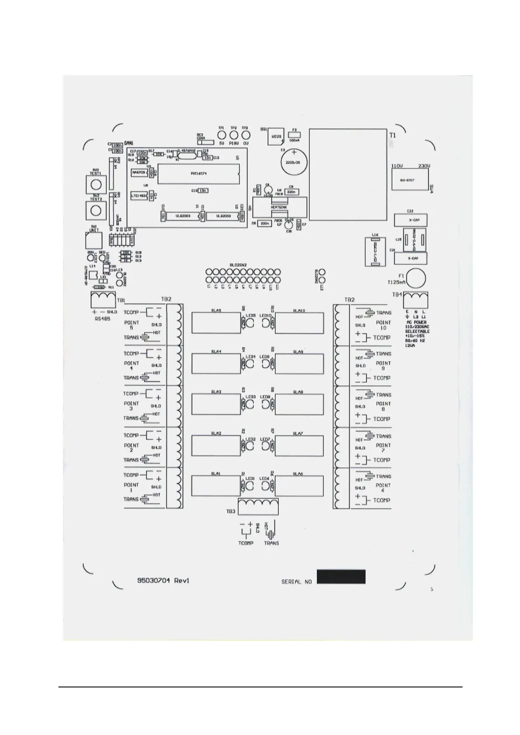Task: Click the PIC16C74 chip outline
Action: pos(198,174)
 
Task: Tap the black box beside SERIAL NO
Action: pos(341,577)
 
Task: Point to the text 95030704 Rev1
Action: pos(163,580)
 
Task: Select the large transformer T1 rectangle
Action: pos(348,174)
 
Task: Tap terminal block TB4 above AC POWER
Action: pos(416,300)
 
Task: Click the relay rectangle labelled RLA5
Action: pos(216,323)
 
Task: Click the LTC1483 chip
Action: pos(139,196)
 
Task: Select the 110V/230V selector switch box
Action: pos(409,180)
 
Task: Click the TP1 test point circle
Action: pos(221,135)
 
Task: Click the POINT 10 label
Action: pos(383,325)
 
